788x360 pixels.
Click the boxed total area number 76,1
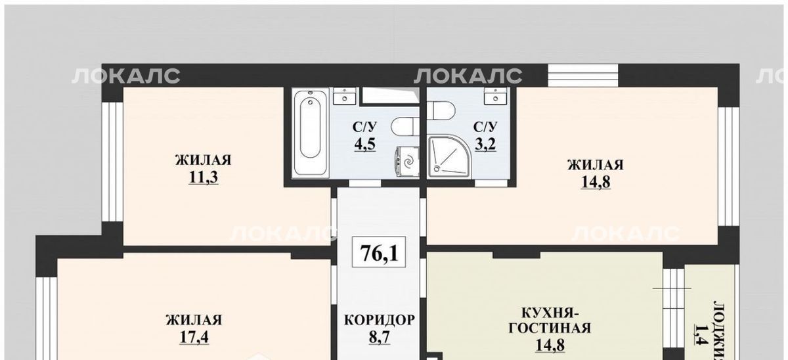coord(379,252)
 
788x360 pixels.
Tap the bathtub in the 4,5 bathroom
coord(310,132)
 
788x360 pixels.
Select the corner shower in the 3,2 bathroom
coord(450,156)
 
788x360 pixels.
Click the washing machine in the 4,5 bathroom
coord(407,162)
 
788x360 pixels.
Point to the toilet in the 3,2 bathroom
coord(441,111)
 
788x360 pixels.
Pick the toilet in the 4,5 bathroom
coord(405,126)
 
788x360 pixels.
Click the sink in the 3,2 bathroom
coord(496,96)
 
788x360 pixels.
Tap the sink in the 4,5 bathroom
coord(344,96)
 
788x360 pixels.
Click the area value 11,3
coord(204,177)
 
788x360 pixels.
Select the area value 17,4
coord(194,337)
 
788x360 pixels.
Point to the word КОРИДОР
coord(380,320)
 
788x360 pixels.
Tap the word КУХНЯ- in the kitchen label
coord(550,312)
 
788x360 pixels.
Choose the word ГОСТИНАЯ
coord(550,328)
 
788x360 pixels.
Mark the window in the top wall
coord(583,76)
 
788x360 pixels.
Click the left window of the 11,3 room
coord(112,162)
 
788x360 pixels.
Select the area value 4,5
coord(365,144)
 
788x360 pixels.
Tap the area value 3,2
coord(485,144)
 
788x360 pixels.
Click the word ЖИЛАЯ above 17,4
coord(194,320)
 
